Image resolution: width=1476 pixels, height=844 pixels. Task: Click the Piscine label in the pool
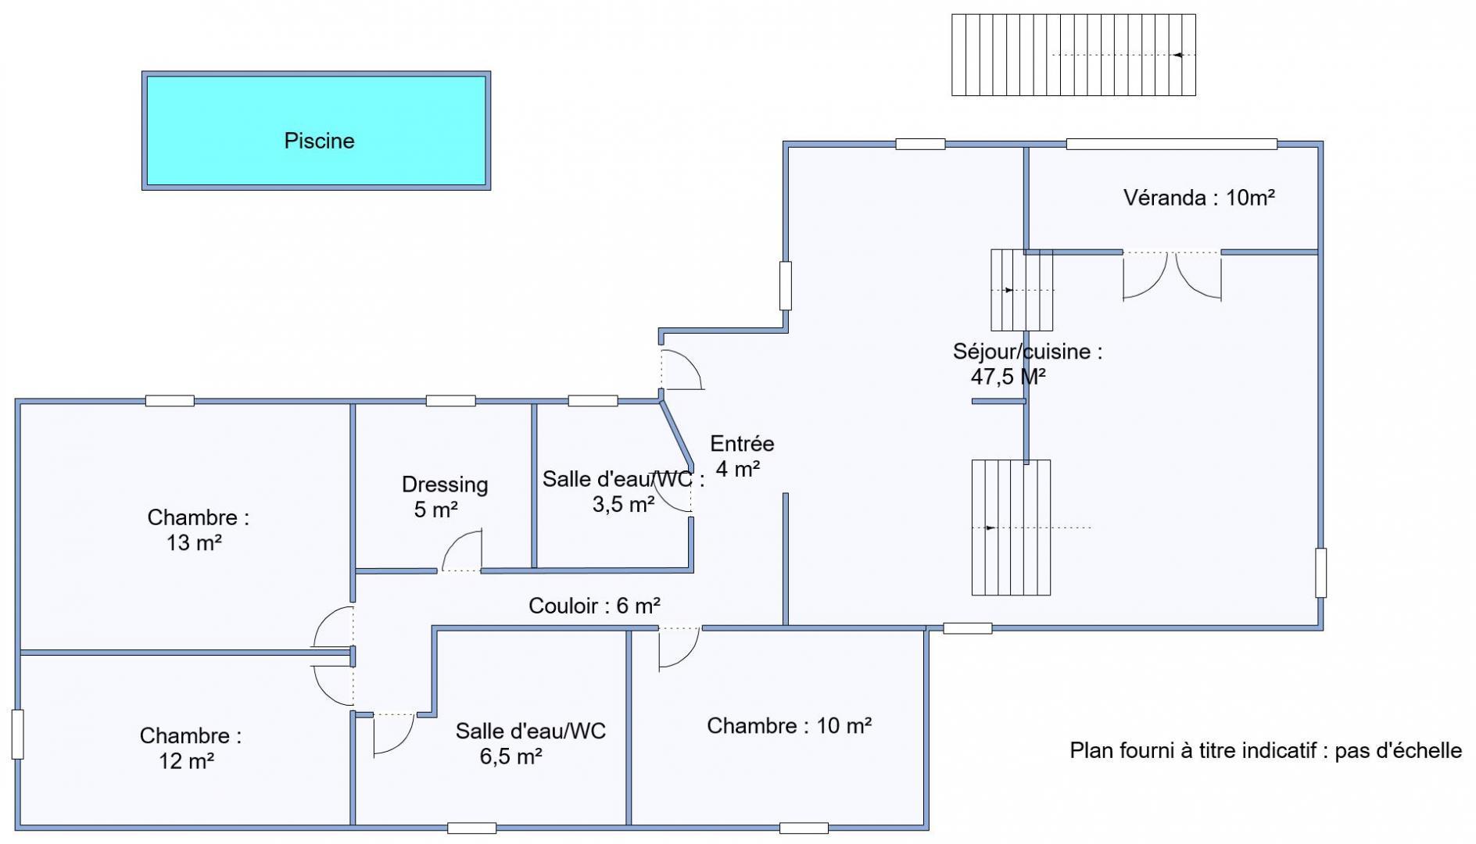point(319,141)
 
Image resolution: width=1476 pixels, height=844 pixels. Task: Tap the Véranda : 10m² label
point(1199,198)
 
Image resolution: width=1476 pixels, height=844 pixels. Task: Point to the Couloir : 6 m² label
point(594,606)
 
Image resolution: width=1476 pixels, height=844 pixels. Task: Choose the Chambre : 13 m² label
point(198,530)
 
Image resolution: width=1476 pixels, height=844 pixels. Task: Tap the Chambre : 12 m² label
point(190,748)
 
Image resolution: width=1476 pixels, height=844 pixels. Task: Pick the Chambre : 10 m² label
point(790,726)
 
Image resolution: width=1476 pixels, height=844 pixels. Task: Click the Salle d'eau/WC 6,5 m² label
point(530,743)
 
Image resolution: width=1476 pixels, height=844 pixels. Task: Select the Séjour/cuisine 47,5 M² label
point(1027,364)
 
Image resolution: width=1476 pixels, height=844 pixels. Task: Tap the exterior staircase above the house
point(1073,55)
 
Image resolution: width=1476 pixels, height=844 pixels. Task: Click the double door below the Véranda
point(1172,276)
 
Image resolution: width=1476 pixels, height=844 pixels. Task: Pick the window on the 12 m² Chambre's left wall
point(17,734)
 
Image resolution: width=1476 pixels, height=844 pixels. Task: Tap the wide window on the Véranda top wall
point(1171,144)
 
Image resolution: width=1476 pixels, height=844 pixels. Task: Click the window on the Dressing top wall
point(450,401)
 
